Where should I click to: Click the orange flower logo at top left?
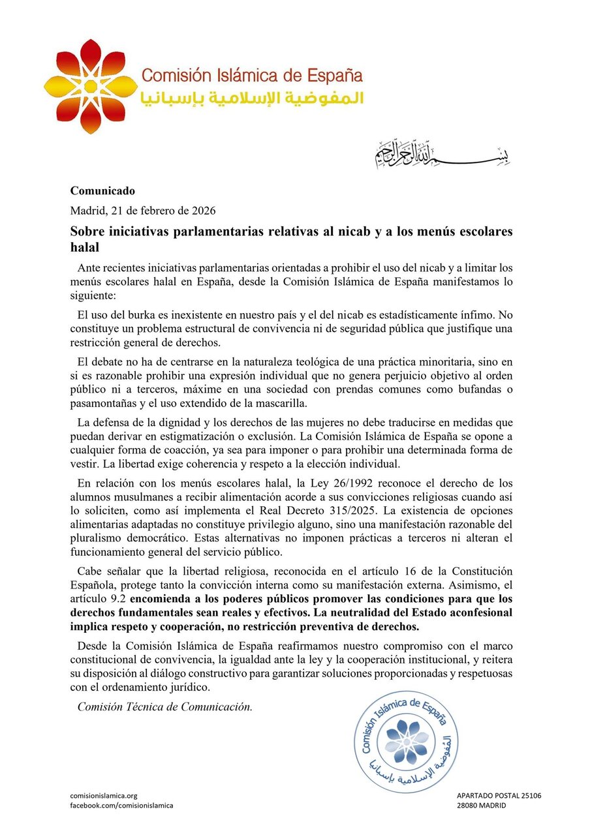tap(90, 86)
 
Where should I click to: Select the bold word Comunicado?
tap(102, 191)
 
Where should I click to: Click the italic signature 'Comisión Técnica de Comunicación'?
tap(164, 706)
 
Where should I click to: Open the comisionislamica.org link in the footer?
tap(104, 796)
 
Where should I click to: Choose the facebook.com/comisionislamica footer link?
tap(121, 806)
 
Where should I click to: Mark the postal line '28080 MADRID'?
tap(482, 806)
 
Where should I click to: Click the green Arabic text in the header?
tap(251, 99)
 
